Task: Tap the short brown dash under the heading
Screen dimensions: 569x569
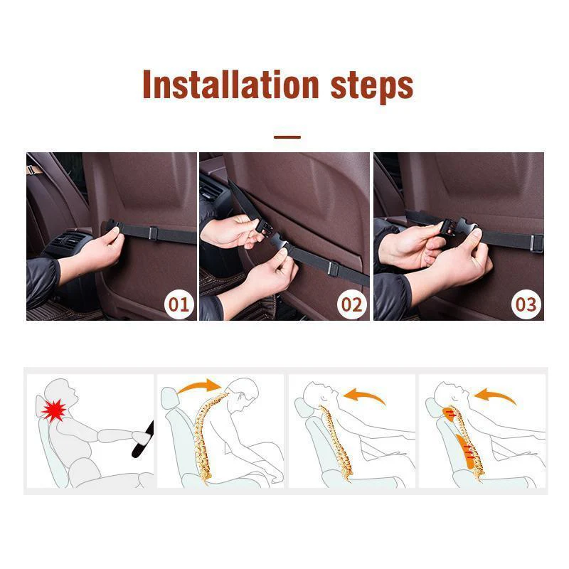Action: tap(287, 137)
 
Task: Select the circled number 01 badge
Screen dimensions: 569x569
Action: tap(179, 304)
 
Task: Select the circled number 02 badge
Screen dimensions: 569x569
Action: tap(351, 304)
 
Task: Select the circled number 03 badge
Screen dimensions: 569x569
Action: tap(526, 304)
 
